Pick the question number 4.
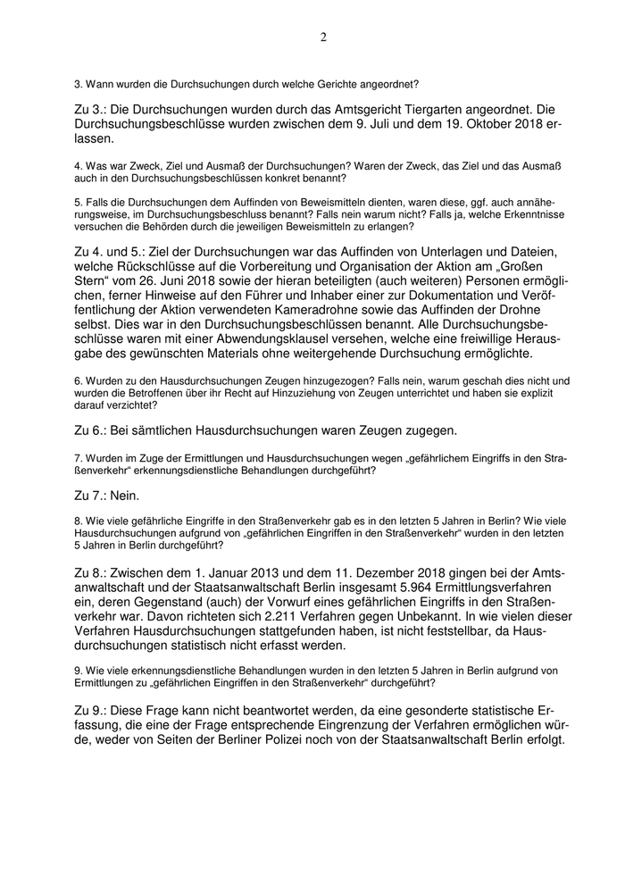[77, 166]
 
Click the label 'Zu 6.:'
[91, 430]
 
